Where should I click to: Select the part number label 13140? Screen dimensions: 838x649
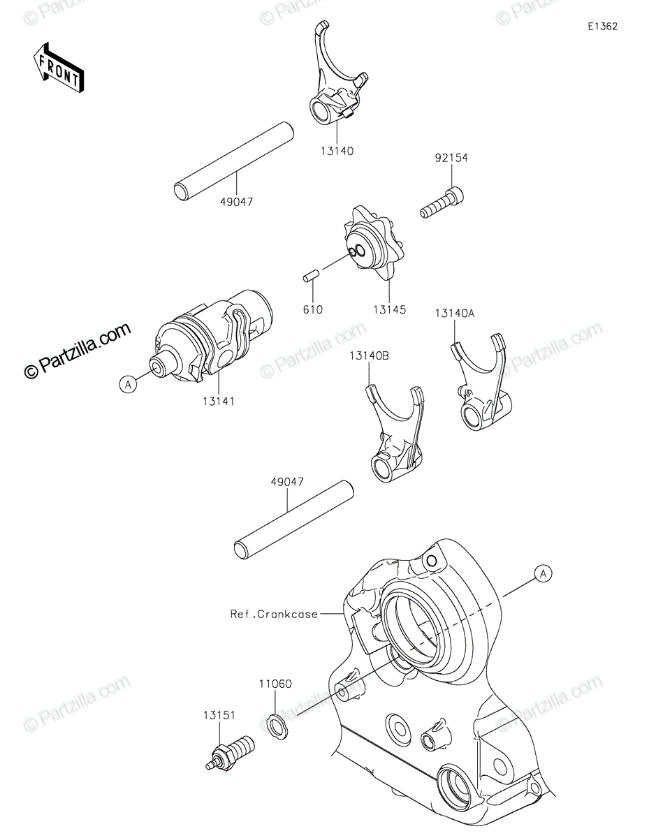click(338, 151)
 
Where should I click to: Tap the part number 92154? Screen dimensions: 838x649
click(451, 159)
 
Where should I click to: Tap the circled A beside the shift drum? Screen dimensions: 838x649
click(127, 383)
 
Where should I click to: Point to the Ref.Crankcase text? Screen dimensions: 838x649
click(274, 615)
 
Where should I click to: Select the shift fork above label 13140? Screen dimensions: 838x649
click(334, 77)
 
